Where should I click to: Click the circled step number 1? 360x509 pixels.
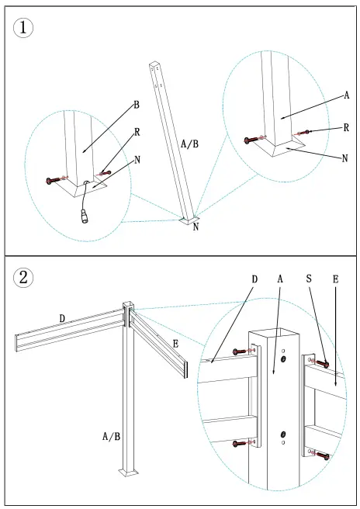[x=25, y=27]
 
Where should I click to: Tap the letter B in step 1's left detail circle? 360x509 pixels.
[x=136, y=104]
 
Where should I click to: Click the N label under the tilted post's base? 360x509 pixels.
[x=196, y=227]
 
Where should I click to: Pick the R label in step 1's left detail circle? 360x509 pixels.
[x=137, y=132]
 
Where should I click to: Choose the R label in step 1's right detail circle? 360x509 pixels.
[x=346, y=127]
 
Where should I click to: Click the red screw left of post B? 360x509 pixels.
[x=54, y=180]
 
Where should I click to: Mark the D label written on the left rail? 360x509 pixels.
[x=63, y=317]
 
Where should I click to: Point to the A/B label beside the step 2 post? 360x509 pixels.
[x=111, y=437]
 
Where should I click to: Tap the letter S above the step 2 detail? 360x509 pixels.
[x=310, y=278]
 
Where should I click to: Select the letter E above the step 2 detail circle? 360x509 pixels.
[x=334, y=278]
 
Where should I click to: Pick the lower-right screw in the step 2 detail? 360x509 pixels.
[x=320, y=454]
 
